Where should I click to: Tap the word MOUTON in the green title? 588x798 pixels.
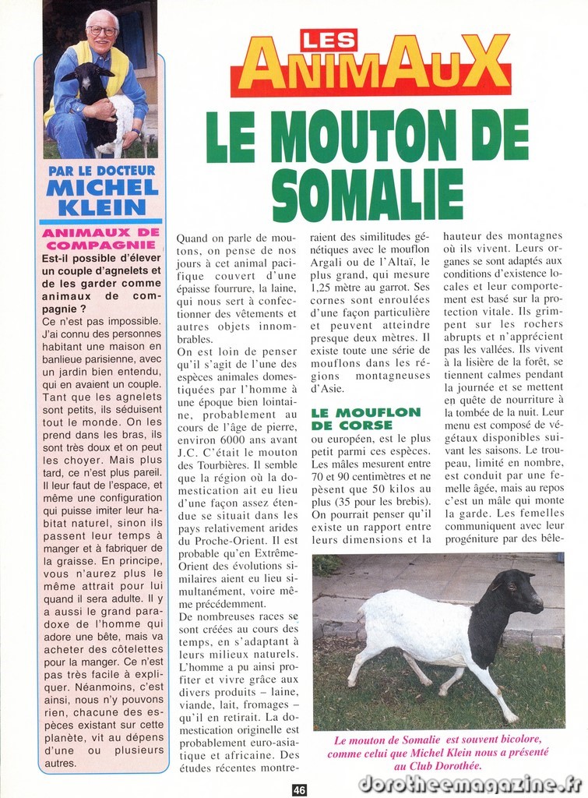pos(369,136)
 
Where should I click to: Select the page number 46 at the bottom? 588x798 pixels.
pos(299,789)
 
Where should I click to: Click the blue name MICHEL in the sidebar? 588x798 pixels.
pos(102,188)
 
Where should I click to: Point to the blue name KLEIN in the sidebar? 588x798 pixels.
pos(101,207)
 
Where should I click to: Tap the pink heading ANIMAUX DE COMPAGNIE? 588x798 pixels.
pos(101,238)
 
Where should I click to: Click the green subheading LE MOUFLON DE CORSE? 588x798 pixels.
pos(365,418)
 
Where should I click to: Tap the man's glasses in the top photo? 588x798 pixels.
pos(103,31)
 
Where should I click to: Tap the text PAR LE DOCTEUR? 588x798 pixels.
pos(101,170)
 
